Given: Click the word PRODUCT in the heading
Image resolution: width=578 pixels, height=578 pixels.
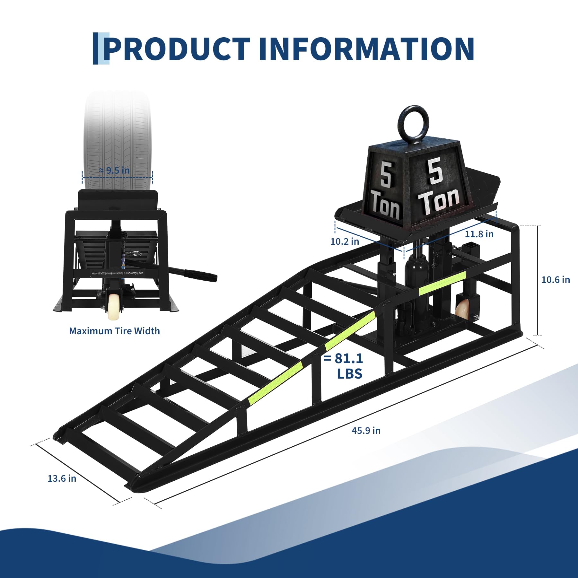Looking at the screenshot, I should click(x=177, y=49).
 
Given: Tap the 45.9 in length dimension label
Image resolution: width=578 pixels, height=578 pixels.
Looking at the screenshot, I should click(x=366, y=431).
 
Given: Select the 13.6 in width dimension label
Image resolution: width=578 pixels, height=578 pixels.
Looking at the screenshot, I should click(x=62, y=478).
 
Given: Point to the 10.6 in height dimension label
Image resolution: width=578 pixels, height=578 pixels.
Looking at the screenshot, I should click(x=555, y=280).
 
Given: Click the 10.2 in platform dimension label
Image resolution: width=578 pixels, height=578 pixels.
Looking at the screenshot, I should click(x=345, y=241).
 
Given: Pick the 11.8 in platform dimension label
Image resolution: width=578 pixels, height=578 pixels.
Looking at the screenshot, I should click(x=479, y=234).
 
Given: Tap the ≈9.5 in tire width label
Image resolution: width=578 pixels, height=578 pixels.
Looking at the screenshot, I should click(x=115, y=171).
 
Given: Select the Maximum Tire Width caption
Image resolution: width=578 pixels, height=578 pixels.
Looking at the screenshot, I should click(x=114, y=331).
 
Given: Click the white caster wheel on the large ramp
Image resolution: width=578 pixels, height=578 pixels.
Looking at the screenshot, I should click(x=461, y=309).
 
